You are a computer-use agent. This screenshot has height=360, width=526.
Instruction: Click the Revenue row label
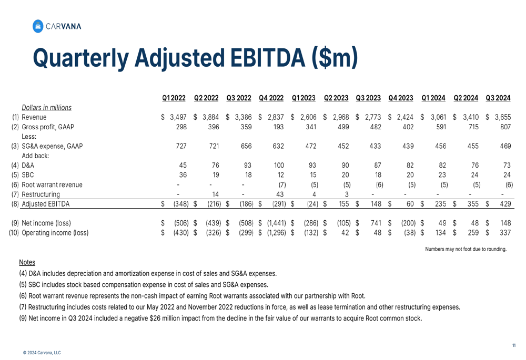pos(34,117)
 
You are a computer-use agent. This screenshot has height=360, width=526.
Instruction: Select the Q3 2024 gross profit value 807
pos(504,127)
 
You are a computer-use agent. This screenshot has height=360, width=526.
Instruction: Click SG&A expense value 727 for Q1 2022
pos(181,146)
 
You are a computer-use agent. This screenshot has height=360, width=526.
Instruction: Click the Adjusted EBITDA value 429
pos(504,204)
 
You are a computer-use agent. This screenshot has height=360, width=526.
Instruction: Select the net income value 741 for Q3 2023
pos(376,223)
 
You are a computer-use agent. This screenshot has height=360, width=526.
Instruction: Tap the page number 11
pos(514,345)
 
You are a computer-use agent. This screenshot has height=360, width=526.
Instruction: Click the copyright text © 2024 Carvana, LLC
pos(42,353)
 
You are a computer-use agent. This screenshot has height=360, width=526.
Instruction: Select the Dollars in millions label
pos(47,107)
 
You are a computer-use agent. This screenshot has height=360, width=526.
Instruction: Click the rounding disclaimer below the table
pos(466,249)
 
